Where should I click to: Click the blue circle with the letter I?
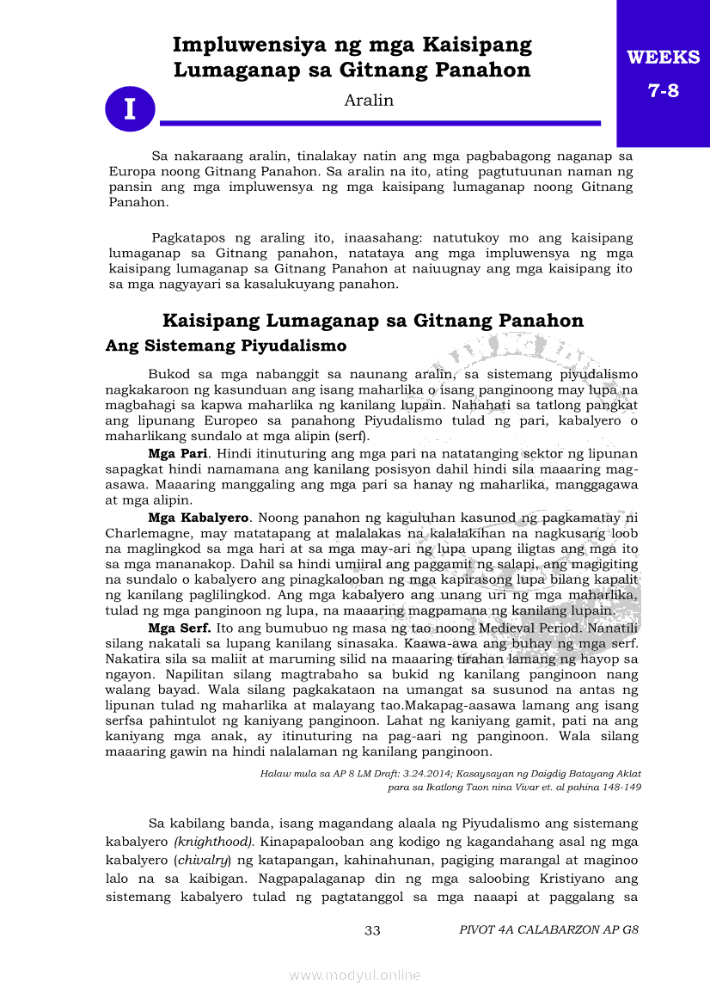[x=130, y=109]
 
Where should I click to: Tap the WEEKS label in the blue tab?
[x=663, y=58]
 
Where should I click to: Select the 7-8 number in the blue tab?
[x=663, y=89]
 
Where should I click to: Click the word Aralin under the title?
[x=369, y=101]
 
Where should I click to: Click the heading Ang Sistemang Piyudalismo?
[x=225, y=346]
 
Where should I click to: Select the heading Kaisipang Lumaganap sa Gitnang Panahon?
[x=373, y=321]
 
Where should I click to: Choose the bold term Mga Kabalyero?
[x=199, y=518]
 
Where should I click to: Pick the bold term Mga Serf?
[x=179, y=628]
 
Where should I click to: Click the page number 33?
[x=372, y=930]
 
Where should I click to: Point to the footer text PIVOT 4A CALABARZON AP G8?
[x=548, y=930]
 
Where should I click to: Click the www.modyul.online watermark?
[x=355, y=975]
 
